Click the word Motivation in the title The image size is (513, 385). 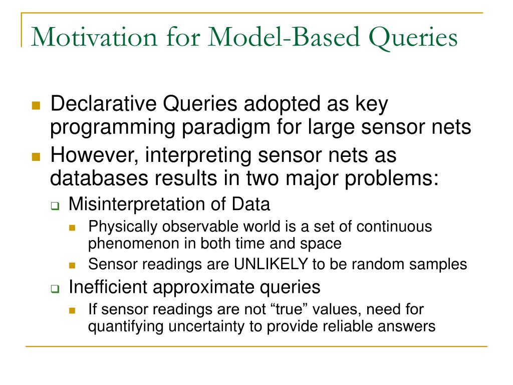coord(94,37)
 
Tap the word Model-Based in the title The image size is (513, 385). coord(284,37)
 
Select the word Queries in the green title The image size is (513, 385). coord(413,39)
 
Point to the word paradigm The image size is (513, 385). coord(226,128)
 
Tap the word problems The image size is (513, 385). coord(392,179)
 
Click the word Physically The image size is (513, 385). coord(123,228)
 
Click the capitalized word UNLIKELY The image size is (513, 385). coord(271,264)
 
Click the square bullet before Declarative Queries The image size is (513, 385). coord(36,105)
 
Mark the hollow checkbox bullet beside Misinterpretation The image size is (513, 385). coord(55,206)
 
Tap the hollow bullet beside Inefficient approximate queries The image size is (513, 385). coord(55,289)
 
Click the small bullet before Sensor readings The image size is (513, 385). coord(72,265)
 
